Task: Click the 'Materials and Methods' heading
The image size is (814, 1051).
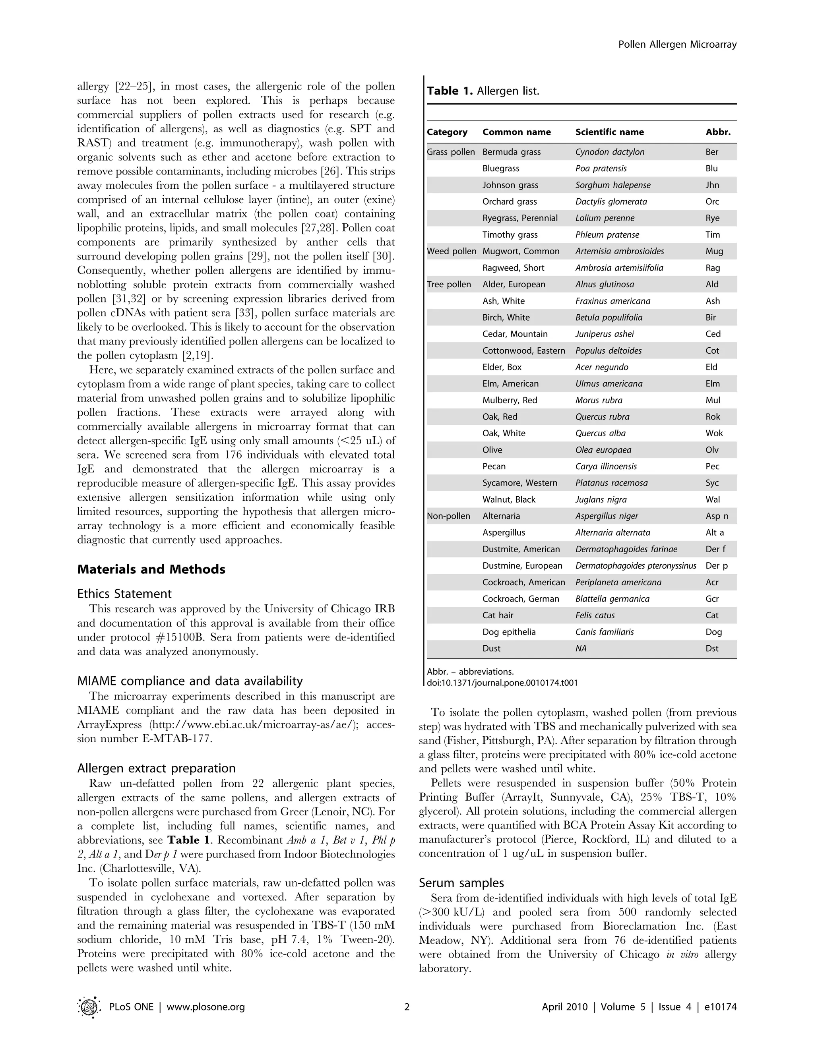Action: pos(151,569)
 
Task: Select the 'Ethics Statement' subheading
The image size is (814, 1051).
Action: pos(124,593)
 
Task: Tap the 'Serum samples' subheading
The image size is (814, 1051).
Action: pos(461,883)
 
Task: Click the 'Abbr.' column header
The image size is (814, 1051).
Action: pos(718,132)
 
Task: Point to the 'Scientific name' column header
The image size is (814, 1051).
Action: pos(609,132)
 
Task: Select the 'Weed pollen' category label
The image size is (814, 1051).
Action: pos(451,251)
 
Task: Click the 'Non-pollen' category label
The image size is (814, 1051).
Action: pos(448,516)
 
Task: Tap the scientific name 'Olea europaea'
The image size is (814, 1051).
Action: pos(603,450)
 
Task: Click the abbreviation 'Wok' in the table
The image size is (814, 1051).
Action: pos(714,433)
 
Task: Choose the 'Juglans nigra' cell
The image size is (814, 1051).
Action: pos(601,499)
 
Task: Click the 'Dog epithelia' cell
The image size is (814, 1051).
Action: pos(509,632)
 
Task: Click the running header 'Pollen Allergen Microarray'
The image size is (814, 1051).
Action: pos(677,45)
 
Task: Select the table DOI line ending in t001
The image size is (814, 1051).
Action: pos(502,682)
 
